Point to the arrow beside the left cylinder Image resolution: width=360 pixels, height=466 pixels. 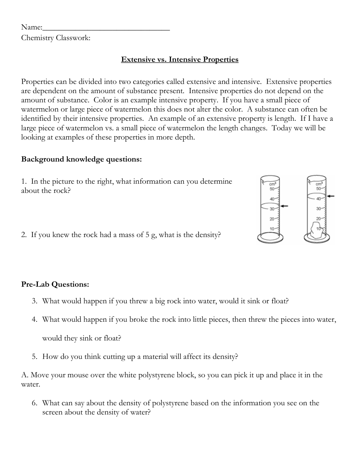(284, 206)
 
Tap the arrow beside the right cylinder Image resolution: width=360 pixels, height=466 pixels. (331, 196)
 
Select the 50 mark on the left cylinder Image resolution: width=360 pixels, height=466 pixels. (272, 189)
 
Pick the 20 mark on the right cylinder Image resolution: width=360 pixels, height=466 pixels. (318, 219)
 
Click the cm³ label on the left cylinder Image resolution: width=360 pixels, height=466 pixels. (272, 184)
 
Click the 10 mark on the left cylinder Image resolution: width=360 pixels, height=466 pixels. (272, 229)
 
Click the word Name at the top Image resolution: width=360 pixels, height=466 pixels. (31, 27)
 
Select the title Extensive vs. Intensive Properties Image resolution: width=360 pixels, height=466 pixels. (180, 60)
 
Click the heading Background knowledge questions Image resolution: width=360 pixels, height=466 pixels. (81, 159)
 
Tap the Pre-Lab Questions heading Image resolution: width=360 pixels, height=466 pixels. (55, 285)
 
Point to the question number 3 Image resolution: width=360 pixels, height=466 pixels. (34, 301)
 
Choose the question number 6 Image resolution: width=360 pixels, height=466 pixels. (34, 403)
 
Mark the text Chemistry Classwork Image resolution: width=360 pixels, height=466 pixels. (56, 38)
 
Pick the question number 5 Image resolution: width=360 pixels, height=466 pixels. (34, 357)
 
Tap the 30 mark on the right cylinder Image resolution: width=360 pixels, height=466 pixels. (318, 209)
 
